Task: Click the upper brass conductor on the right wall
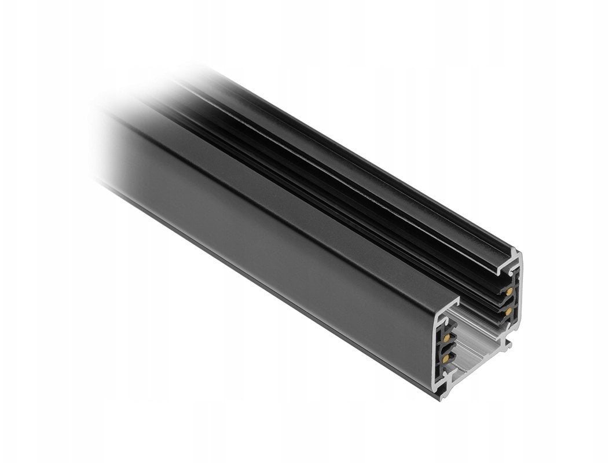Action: coord(509,292)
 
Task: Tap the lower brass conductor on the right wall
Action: coord(508,311)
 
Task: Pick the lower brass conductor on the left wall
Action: coord(445,359)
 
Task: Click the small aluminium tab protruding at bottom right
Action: coord(508,347)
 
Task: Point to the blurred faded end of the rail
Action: coord(116,133)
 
